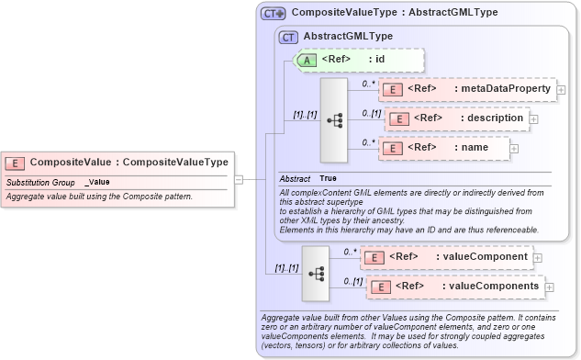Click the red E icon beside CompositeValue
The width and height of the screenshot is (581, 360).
[15, 163]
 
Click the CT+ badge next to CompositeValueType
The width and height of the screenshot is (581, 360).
[274, 14]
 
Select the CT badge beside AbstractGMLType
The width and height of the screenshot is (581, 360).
[287, 36]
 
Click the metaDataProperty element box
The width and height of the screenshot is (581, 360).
[467, 89]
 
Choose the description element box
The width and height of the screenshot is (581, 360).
[455, 118]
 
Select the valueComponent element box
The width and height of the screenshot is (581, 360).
[444, 257]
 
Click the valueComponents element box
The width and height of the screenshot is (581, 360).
[453, 287]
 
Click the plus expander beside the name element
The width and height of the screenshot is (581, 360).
[514, 148]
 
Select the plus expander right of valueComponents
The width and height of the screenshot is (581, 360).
[550, 287]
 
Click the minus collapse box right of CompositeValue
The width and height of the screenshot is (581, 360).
[239, 179]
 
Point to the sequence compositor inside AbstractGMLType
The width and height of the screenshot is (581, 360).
[333, 119]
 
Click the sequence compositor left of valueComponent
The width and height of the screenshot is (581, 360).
[317, 273]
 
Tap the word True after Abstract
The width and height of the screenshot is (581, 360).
[328, 177]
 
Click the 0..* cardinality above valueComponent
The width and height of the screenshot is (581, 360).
[350, 251]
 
